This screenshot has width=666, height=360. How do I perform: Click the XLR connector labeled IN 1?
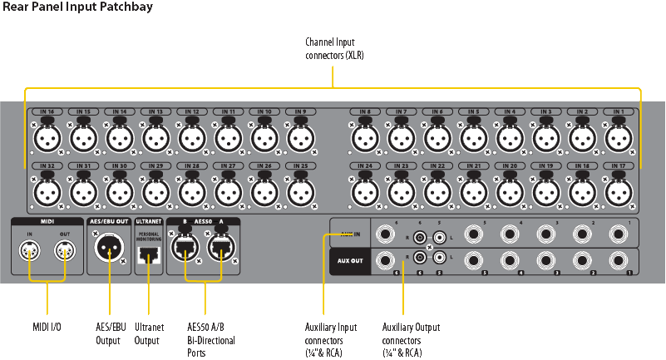619,138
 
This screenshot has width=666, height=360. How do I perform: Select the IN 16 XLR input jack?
47,138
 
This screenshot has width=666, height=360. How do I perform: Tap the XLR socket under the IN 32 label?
47,193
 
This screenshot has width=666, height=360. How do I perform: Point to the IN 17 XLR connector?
619,193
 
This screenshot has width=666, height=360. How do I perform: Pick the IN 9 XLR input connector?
299,138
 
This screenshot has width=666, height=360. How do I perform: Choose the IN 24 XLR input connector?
365,193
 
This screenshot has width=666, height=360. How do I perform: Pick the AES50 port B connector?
182,249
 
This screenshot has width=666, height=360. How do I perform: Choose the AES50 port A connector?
220,249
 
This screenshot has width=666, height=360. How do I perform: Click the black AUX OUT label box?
350,260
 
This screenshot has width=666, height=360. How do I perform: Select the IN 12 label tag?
191,111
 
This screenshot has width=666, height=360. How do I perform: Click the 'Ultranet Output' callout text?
148,333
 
